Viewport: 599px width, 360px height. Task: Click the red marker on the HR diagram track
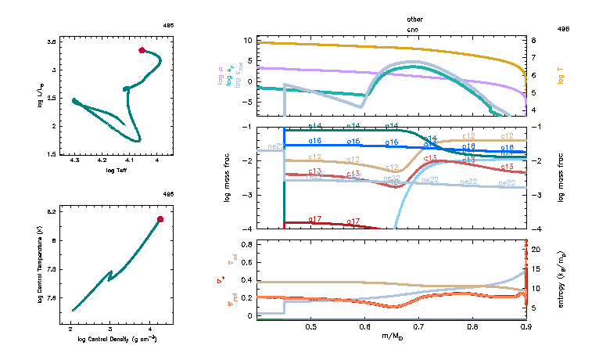[142, 50]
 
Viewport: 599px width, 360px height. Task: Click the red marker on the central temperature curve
[160, 219]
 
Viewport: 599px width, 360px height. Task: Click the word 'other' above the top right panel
[414, 18]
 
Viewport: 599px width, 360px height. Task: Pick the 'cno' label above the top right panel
[414, 27]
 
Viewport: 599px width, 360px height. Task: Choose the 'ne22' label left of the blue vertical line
[275, 146]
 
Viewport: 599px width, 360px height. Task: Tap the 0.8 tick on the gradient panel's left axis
[247, 244]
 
